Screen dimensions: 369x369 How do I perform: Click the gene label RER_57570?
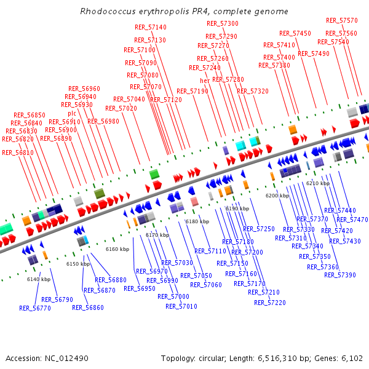(342, 20)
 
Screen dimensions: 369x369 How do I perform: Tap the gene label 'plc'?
(72, 113)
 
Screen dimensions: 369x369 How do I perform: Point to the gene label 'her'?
(205, 81)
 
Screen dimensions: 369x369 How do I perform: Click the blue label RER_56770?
(35, 308)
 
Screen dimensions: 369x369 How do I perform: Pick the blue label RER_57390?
(340, 275)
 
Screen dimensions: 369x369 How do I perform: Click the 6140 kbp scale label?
(38, 279)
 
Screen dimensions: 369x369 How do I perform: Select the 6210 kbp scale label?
(318, 183)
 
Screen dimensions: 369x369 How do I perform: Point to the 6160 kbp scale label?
(117, 249)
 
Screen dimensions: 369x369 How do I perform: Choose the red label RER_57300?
(223, 23)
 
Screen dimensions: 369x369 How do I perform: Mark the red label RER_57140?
(151, 27)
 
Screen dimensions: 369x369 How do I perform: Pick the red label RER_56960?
(84, 89)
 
